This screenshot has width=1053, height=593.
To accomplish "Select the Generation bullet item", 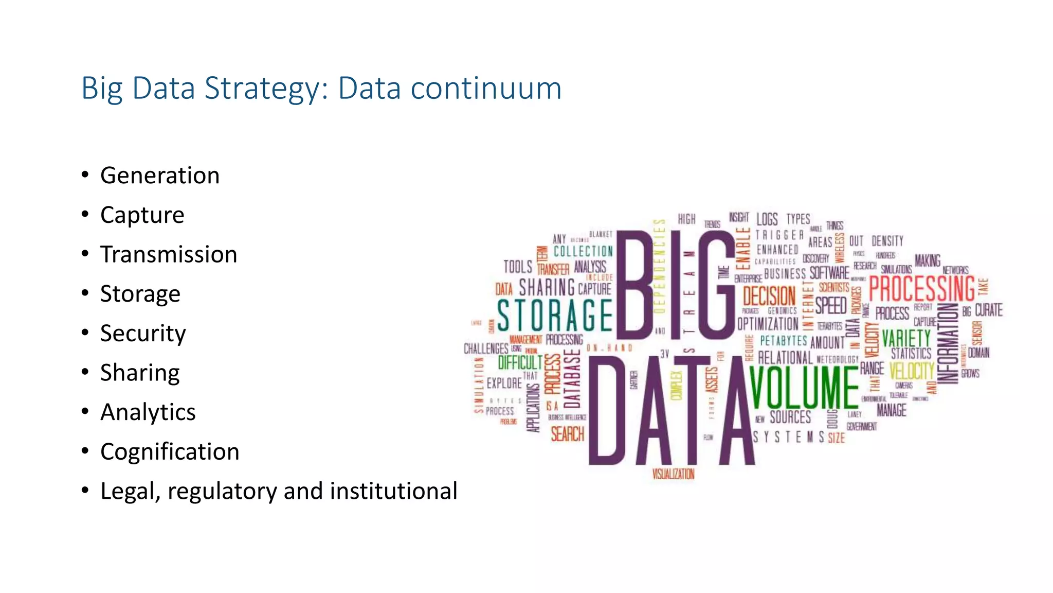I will pyautogui.click(x=160, y=176).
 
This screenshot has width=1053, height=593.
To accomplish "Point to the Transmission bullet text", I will pyautogui.click(x=169, y=255).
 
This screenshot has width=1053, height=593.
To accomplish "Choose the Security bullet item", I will pyautogui.click(x=143, y=334).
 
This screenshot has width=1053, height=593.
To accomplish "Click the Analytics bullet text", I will pyautogui.click(x=148, y=412).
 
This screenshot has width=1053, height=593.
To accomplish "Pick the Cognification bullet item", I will pyautogui.click(x=170, y=452).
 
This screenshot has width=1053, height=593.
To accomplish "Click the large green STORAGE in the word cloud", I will pyautogui.click(x=555, y=315).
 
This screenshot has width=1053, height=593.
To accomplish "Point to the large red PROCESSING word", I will pyautogui.click(x=921, y=289).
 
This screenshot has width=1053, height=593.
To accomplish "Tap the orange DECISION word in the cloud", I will pyautogui.click(x=769, y=296).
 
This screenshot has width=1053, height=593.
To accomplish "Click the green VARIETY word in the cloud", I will pyautogui.click(x=906, y=338).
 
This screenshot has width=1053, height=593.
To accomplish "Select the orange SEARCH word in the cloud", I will pyautogui.click(x=568, y=434).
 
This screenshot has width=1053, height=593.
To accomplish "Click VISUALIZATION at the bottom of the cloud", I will pyautogui.click(x=673, y=474).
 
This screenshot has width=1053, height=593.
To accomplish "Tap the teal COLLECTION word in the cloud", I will pyautogui.click(x=583, y=251).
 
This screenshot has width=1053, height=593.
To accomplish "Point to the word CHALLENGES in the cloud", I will pyautogui.click(x=486, y=348).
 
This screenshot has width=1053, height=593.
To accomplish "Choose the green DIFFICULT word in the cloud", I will pyautogui.click(x=520, y=362).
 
